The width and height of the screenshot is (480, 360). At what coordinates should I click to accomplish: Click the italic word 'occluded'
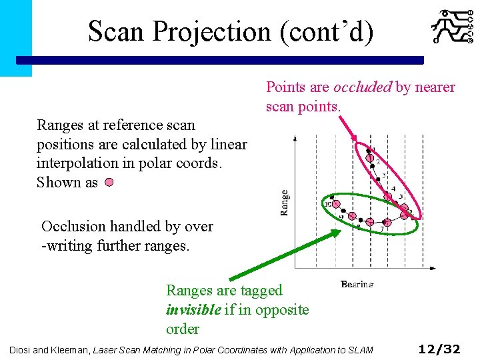pos(363,87)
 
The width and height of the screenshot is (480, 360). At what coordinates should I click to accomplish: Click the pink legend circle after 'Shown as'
pos(109,183)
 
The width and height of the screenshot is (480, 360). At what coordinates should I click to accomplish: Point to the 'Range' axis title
pos(285,203)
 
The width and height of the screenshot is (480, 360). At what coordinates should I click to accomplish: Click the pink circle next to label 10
pos(336,204)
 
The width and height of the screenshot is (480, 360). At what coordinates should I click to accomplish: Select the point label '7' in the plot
pos(381,229)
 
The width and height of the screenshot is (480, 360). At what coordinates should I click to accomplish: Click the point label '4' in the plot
pos(393,189)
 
